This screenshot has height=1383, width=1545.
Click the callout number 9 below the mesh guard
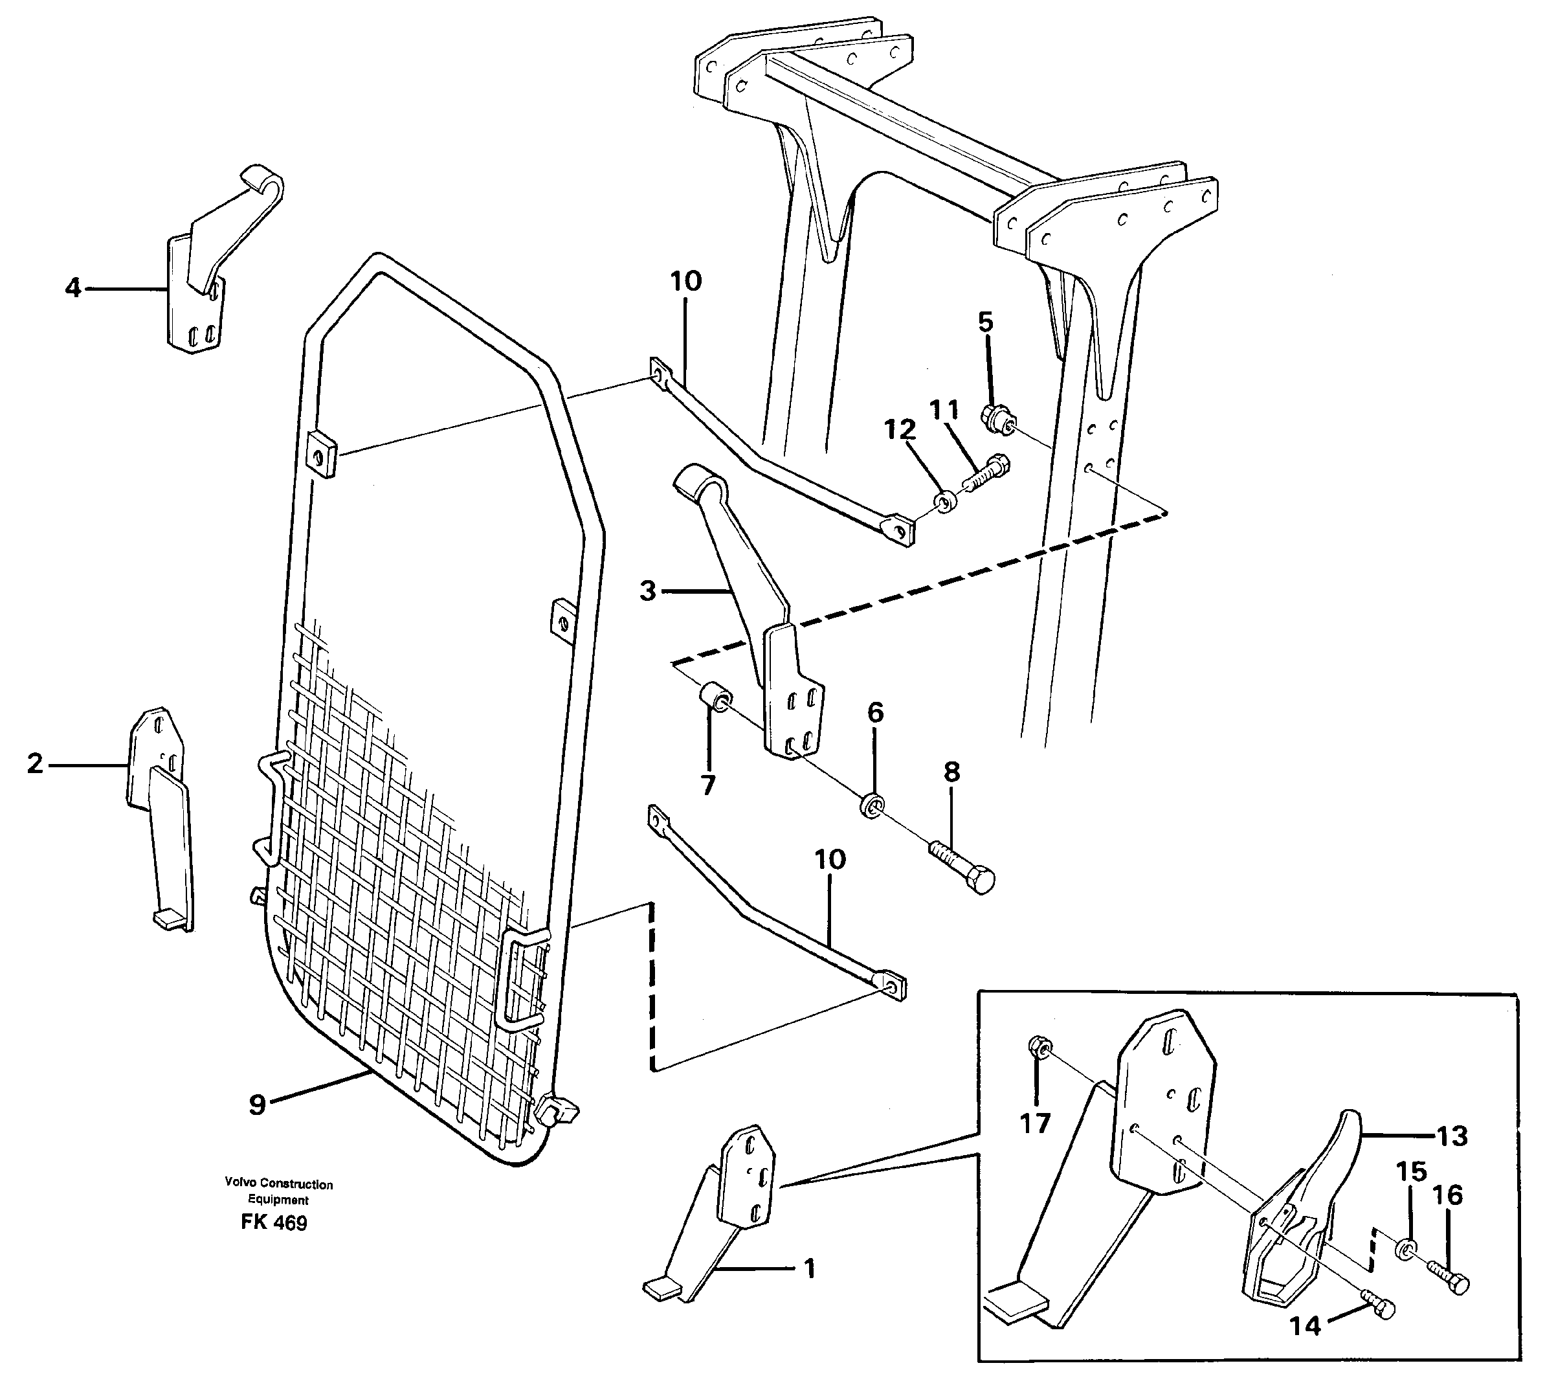[258, 1105]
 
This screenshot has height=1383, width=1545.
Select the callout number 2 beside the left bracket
[35, 763]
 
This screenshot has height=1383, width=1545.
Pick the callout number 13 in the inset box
[1452, 1136]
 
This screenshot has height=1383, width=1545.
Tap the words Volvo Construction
[278, 1184]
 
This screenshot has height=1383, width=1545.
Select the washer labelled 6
[872, 805]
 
